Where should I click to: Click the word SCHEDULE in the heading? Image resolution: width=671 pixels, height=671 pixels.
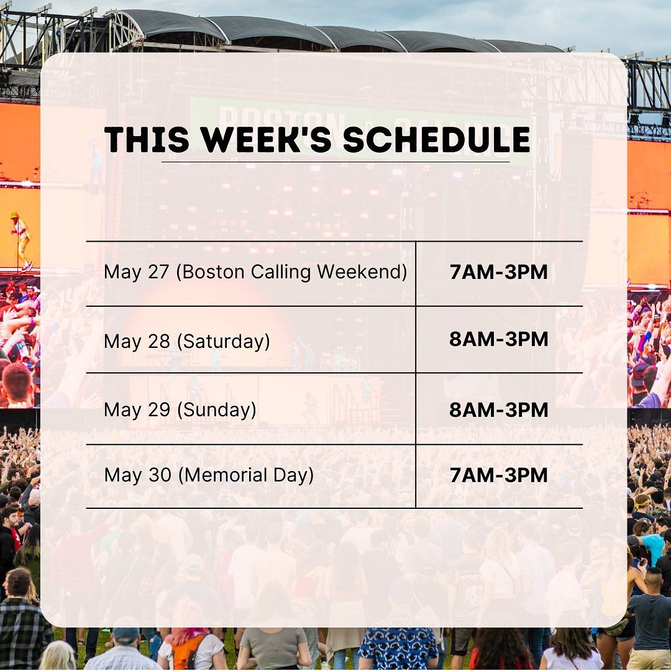click(437, 140)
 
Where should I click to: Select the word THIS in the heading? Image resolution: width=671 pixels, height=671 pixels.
click(147, 140)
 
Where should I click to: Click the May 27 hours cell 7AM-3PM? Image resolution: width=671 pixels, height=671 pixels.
click(498, 272)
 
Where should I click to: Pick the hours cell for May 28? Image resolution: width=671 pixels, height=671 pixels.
click(498, 339)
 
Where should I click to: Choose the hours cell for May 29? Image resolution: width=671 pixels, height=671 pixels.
click(498, 409)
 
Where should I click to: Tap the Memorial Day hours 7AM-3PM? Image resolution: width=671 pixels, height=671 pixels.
click(498, 475)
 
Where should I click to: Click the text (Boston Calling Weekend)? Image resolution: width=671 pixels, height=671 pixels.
click(291, 272)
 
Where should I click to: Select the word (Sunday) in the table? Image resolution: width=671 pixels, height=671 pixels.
click(217, 410)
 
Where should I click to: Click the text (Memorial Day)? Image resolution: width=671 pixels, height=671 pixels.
click(245, 475)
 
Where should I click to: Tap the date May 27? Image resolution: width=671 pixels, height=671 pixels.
click(137, 273)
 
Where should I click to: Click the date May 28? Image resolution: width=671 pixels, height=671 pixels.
click(137, 342)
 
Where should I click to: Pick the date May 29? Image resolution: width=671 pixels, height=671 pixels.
click(137, 410)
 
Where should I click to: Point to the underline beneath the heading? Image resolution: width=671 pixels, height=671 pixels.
click(335, 162)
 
